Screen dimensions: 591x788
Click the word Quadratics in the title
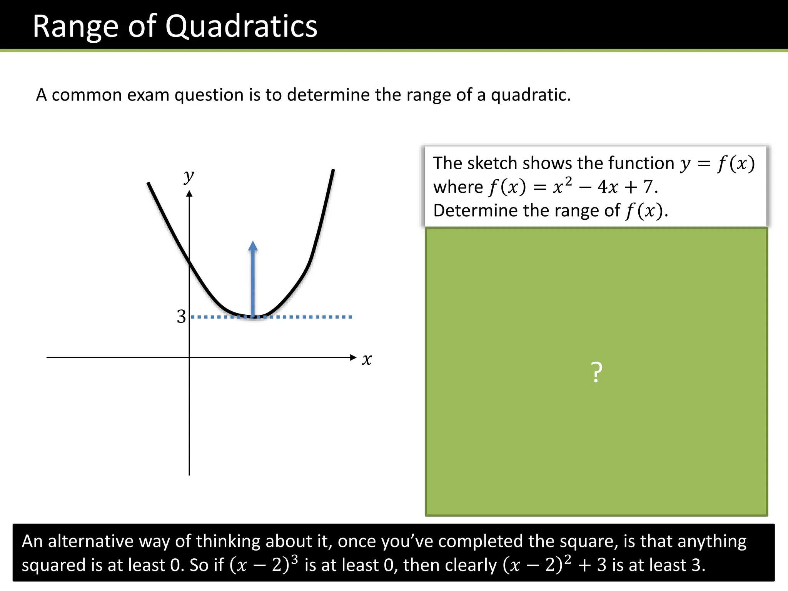(x=241, y=26)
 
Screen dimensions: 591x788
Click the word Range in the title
(x=75, y=26)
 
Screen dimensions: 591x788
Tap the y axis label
(x=189, y=177)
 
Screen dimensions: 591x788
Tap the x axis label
(x=367, y=359)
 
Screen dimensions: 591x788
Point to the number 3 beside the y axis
(x=181, y=317)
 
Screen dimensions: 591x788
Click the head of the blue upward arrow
(x=253, y=246)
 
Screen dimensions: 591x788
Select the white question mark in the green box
(x=596, y=372)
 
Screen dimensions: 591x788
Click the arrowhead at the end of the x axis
(x=353, y=357)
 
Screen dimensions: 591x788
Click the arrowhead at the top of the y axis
(x=189, y=194)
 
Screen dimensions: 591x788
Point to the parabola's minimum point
(x=254, y=317)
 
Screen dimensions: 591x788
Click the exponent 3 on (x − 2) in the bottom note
(x=294, y=559)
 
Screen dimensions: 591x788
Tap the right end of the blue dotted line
(x=351, y=317)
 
